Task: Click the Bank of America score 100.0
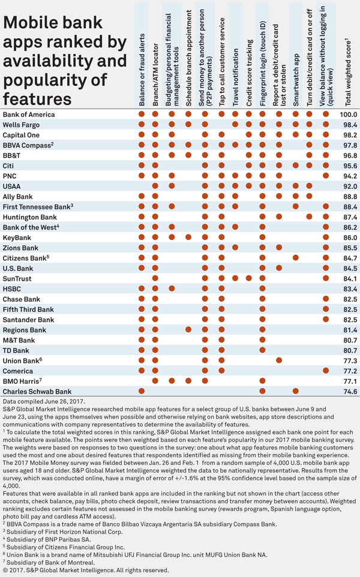(348, 115)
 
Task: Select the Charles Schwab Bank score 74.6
(350, 392)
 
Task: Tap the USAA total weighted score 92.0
(350, 186)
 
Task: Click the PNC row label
(10, 176)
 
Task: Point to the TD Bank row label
(16, 351)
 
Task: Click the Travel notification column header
(236, 77)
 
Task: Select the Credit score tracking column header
(249, 73)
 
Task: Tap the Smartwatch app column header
(296, 80)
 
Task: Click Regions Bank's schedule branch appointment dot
(188, 330)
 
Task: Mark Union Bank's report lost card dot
(279, 360)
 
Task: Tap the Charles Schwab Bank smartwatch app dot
(296, 391)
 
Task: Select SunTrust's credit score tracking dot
(249, 278)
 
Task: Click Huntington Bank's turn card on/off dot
(309, 217)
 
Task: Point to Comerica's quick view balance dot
(326, 371)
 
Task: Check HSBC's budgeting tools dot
(172, 288)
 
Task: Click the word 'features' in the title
(37, 99)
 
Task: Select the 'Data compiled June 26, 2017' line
(44, 401)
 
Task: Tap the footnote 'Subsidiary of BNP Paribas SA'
(49, 539)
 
